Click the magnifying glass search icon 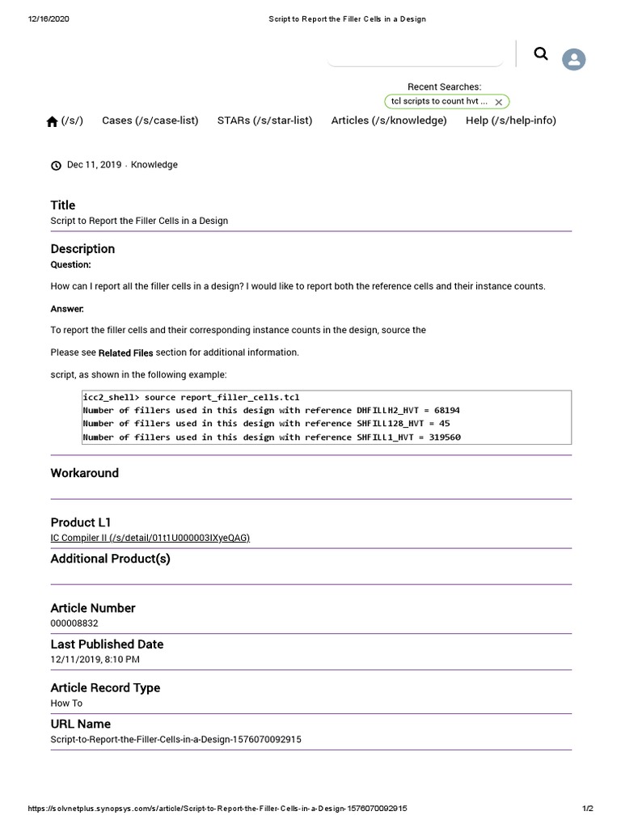541,54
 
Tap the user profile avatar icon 574,59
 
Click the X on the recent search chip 499,102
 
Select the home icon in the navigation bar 53,121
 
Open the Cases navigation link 150,120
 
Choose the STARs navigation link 264,120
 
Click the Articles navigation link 389,120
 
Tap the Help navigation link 511,120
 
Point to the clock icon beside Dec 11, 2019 56,165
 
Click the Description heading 82,249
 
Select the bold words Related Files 125,353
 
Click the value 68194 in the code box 446,410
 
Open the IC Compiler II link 150,538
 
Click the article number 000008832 74,623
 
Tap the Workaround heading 84,473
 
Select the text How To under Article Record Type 66,703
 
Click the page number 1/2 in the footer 588,809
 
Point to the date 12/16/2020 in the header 49,19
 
